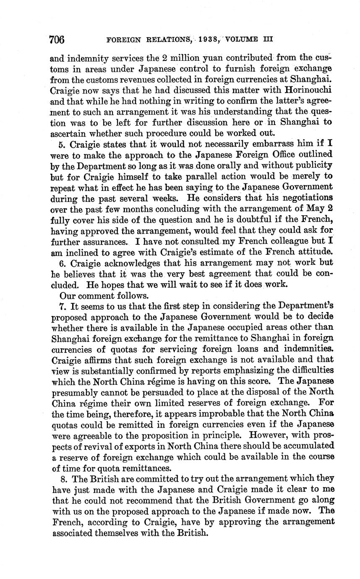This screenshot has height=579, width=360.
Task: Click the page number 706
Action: pyautogui.click(x=57, y=40)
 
